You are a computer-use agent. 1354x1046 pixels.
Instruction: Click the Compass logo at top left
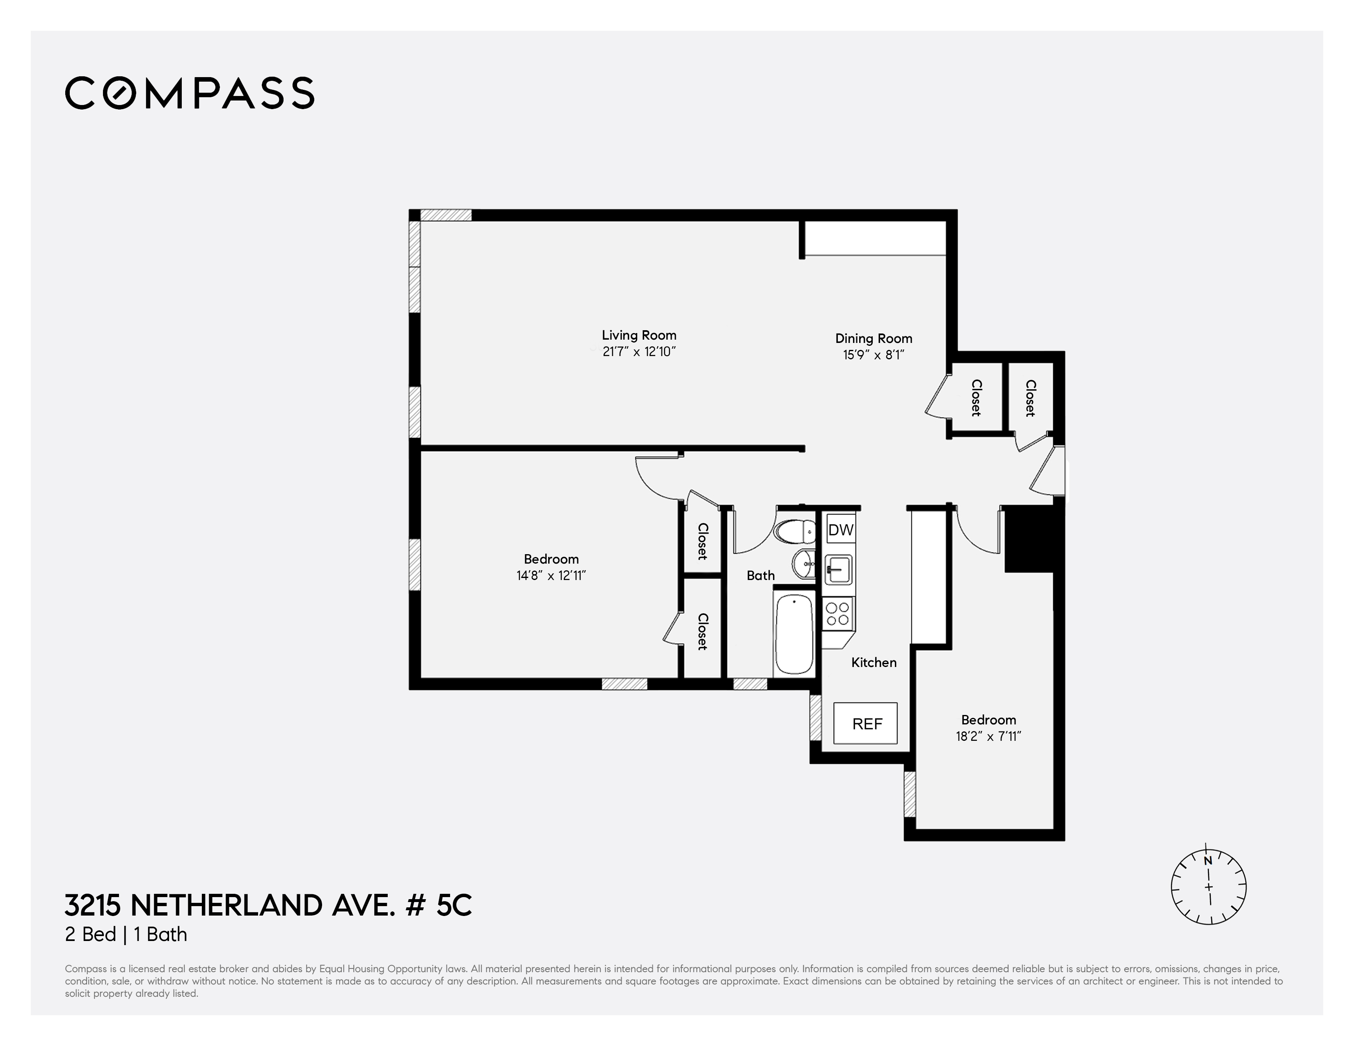[x=190, y=94]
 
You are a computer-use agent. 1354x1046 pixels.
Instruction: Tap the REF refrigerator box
[x=865, y=724]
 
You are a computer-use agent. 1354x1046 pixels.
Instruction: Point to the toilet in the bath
[x=795, y=532]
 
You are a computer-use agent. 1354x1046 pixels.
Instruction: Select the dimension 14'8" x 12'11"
[x=551, y=576]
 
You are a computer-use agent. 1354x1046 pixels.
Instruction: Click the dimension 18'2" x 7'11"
[x=988, y=737]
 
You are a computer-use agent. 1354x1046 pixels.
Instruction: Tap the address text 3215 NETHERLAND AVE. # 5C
[x=268, y=905]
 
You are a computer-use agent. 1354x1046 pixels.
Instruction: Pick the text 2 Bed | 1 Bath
[x=126, y=934]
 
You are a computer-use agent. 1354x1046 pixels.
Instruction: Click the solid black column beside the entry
[x=1029, y=539]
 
